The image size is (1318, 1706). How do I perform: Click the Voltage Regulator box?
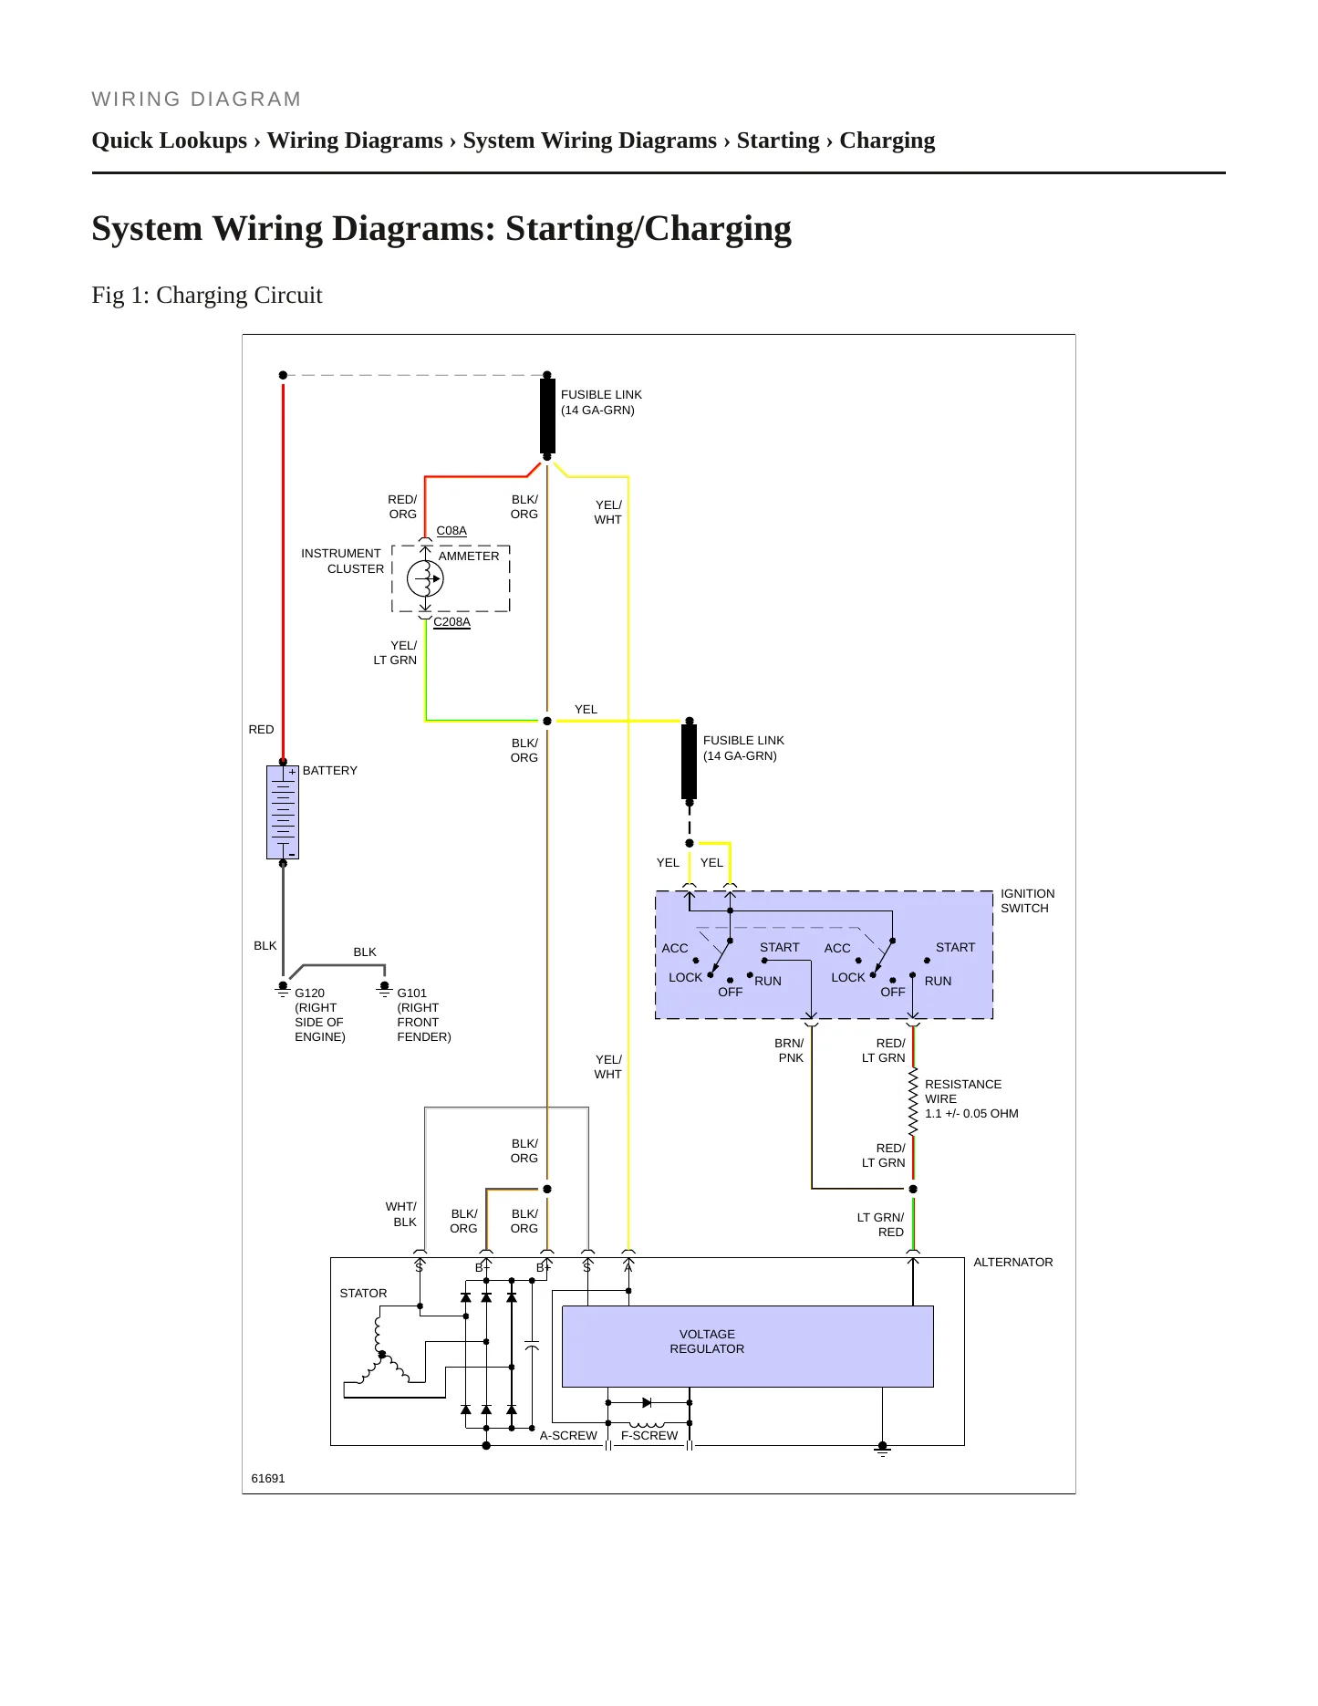tap(747, 1346)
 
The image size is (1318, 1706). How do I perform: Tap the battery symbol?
tap(283, 812)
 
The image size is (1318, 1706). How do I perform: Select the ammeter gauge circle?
tap(425, 578)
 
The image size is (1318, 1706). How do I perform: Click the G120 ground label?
tap(309, 993)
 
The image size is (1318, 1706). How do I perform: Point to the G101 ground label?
tap(411, 993)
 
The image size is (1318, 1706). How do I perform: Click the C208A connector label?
tap(451, 621)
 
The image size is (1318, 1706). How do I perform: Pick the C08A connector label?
tap(451, 530)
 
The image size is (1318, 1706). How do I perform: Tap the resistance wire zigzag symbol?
tap(913, 1101)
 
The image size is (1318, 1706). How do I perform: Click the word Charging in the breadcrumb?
tap(887, 140)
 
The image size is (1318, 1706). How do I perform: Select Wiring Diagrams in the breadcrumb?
tap(355, 140)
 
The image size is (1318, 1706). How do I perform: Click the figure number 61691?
tap(268, 1478)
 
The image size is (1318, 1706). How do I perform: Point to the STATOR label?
tap(363, 1293)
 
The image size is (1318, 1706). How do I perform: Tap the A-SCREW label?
tap(568, 1435)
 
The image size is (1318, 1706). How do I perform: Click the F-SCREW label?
tap(649, 1435)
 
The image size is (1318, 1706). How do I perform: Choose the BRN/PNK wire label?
tap(790, 1050)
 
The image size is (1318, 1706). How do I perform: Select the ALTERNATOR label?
tap(1012, 1262)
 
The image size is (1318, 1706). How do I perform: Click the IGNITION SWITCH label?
tap(1027, 900)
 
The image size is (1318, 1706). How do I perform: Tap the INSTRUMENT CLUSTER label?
tap(342, 561)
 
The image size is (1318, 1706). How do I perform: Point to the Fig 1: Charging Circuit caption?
tap(207, 295)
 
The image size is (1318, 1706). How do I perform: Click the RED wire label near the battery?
tap(261, 729)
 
